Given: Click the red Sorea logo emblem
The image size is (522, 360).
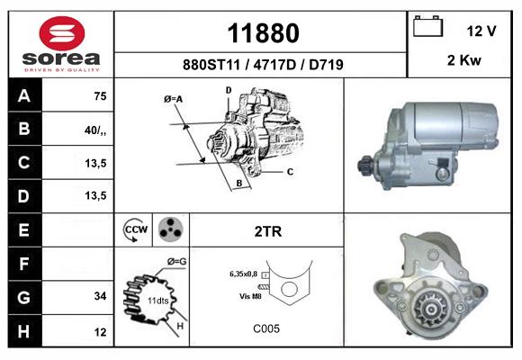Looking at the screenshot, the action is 62,33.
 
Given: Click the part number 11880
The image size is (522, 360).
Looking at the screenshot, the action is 263,33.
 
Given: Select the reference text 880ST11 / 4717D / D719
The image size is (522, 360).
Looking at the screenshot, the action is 263,65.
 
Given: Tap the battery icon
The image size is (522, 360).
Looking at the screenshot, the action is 427,26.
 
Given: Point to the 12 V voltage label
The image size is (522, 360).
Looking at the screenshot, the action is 481,31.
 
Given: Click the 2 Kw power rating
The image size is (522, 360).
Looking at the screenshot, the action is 464,60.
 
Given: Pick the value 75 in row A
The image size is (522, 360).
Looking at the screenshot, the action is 100,96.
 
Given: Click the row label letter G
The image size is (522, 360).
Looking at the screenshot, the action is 24,297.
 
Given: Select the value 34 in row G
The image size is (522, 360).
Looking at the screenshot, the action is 100,296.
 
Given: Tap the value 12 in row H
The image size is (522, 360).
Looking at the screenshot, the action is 100,332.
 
